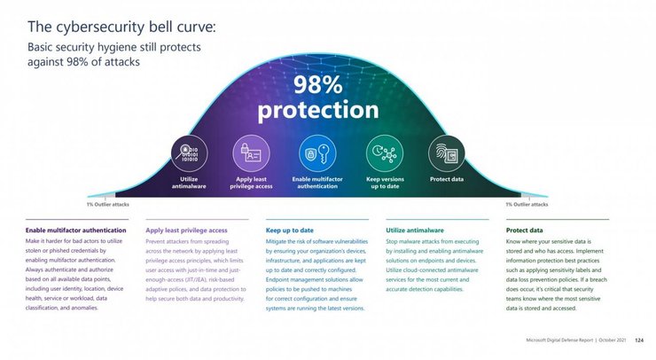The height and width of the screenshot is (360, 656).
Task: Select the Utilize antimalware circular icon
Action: pos(188,153)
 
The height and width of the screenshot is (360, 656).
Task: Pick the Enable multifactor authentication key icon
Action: pos(317,153)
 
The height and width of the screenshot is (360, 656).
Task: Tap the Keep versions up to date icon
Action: pos(384,153)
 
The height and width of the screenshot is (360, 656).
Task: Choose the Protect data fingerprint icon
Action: pos(446,153)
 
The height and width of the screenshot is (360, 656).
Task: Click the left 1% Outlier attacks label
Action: pos(107,205)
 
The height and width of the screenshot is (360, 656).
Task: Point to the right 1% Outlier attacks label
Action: pos(527,205)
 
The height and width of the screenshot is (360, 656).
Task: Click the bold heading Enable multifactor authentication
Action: pos(74,230)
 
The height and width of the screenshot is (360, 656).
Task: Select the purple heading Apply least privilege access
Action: pos(186,230)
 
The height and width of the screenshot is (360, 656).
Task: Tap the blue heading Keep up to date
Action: pos(289,230)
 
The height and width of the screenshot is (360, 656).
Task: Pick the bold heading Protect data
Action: pos(524,230)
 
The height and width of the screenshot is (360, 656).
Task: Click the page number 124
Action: pos(638,340)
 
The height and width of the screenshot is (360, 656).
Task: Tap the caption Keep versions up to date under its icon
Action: pos(385,182)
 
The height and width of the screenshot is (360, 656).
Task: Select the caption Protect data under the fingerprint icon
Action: pos(446,179)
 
